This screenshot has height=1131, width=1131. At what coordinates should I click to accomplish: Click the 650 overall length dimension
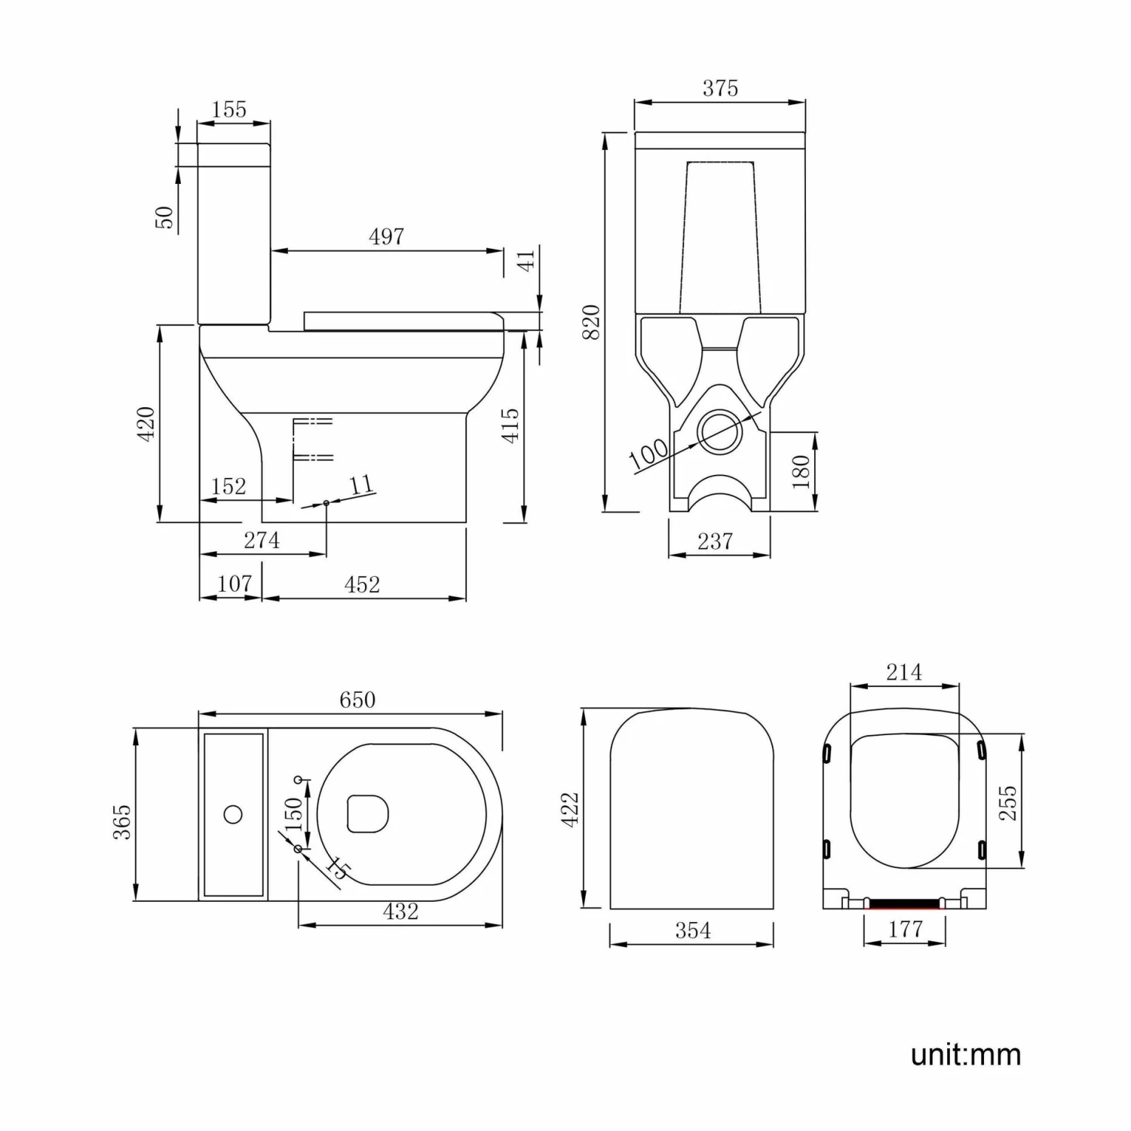(x=357, y=700)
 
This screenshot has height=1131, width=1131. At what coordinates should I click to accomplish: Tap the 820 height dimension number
(x=592, y=321)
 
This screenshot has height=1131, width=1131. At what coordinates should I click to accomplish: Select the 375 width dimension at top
(x=720, y=88)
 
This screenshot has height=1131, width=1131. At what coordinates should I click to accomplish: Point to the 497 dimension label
(x=386, y=237)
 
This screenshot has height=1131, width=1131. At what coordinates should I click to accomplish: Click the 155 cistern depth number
(x=228, y=109)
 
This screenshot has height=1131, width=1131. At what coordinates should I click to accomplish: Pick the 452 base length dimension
(x=362, y=584)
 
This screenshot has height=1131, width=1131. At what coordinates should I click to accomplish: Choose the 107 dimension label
(x=234, y=584)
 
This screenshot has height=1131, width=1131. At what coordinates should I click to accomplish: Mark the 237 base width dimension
(x=715, y=541)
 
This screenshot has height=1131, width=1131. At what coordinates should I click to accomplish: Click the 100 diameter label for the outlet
(x=648, y=452)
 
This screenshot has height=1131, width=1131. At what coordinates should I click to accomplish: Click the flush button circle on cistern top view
(x=233, y=814)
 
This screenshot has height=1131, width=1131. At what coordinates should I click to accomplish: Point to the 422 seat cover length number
(x=570, y=809)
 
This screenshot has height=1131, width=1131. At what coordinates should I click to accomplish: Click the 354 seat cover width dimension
(x=692, y=930)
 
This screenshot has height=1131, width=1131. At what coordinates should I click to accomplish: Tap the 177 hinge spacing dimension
(x=905, y=929)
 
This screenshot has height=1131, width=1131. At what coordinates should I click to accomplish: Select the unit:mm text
(x=966, y=1054)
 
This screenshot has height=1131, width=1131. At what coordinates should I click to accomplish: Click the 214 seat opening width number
(x=903, y=672)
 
